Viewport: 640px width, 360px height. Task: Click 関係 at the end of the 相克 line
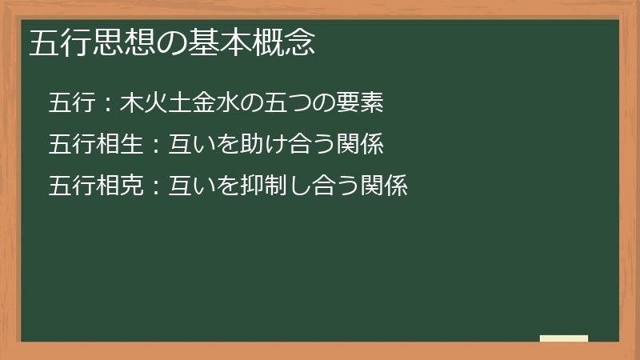point(384,186)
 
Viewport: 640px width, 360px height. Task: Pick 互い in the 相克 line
point(192,186)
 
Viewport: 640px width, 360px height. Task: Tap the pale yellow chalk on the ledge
point(564,338)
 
